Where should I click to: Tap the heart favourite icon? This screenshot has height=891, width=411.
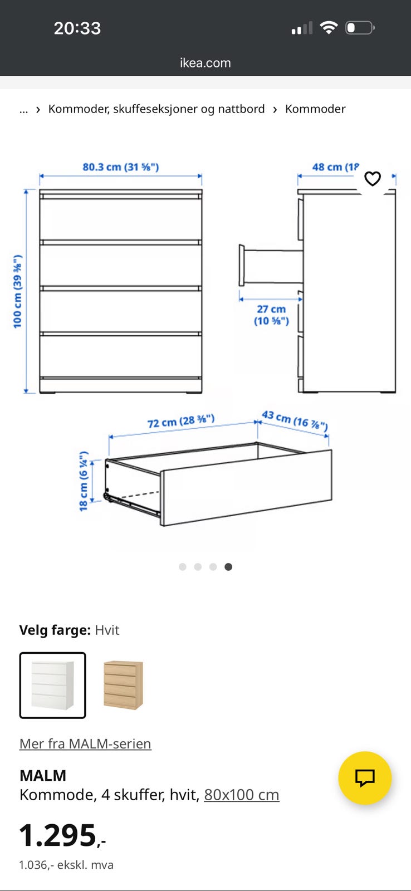click(373, 179)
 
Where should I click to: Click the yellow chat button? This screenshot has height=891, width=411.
click(365, 777)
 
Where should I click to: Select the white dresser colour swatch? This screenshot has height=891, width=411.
click(52, 686)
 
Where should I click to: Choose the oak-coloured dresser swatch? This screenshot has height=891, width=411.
click(123, 686)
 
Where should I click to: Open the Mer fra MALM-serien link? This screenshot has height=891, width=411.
click(85, 743)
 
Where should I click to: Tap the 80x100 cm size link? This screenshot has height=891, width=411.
click(242, 795)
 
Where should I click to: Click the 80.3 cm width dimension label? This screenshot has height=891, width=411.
click(120, 167)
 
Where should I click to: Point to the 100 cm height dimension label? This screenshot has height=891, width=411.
click(17, 292)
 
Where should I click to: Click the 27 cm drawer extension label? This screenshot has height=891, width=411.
click(271, 315)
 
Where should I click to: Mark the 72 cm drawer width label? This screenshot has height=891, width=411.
click(181, 421)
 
